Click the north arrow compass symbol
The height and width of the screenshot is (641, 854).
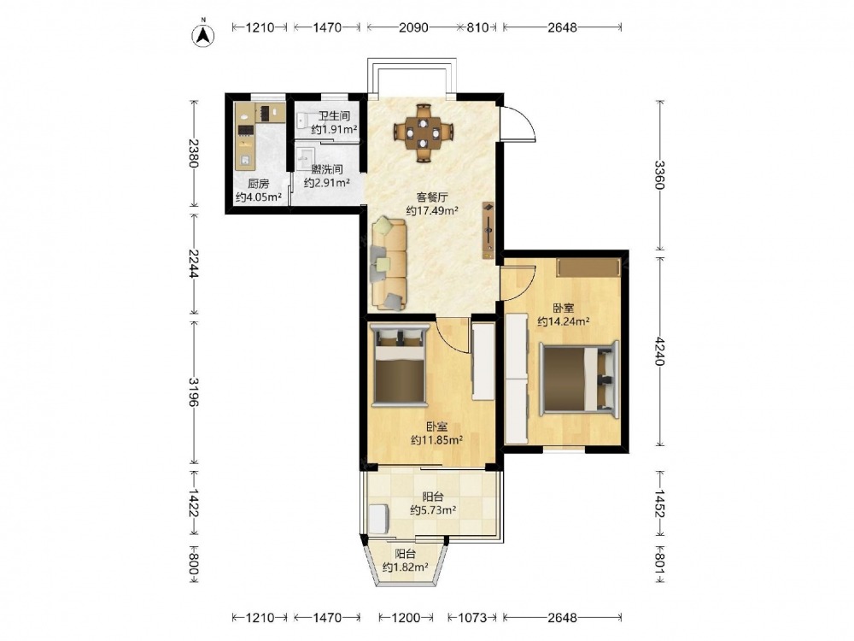[x=203, y=34]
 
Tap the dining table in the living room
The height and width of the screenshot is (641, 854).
[x=424, y=133]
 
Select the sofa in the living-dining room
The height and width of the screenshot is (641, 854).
[x=389, y=264]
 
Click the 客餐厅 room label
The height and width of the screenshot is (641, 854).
[x=431, y=197]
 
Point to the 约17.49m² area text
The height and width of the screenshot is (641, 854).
[x=432, y=210]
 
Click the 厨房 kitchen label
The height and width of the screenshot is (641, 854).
[x=258, y=184]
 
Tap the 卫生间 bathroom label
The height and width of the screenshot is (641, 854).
[x=333, y=116]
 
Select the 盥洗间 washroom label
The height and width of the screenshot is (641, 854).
[x=327, y=169]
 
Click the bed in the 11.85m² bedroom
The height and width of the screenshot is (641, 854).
[x=399, y=365]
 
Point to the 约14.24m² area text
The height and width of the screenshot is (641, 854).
[x=563, y=321]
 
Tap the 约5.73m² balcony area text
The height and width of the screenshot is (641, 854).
[x=433, y=510]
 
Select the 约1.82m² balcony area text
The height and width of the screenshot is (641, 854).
[x=405, y=567]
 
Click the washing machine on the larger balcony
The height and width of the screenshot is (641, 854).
[x=378, y=519]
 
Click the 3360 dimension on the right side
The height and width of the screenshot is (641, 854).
[x=660, y=174]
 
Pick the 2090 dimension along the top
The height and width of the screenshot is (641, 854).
[x=413, y=26]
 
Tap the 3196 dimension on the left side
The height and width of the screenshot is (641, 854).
[x=194, y=391]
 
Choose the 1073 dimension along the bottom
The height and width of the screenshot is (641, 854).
[x=471, y=618]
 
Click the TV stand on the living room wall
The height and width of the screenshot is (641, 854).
[x=488, y=231]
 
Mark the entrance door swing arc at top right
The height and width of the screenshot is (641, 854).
[x=525, y=121]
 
